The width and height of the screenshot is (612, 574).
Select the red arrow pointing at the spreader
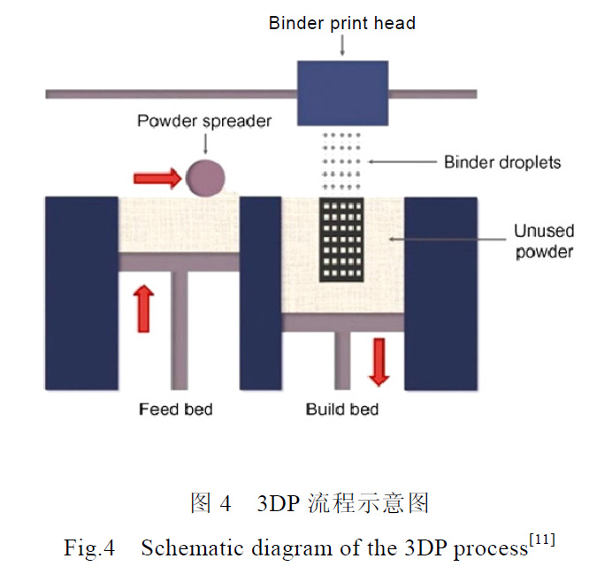(x=157, y=179)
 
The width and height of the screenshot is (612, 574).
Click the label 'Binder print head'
(x=341, y=23)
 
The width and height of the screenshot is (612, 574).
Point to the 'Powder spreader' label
(x=203, y=120)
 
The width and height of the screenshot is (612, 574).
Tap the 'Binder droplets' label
(x=501, y=162)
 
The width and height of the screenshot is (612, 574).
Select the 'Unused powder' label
(x=544, y=241)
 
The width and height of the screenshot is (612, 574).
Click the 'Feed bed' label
(x=175, y=409)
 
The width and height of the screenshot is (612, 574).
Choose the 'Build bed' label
(x=342, y=409)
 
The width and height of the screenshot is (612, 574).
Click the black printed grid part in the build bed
(x=341, y=240)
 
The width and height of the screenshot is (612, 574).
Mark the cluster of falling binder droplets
(x=343, y=161)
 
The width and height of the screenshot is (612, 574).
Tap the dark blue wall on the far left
(x=81, y=293)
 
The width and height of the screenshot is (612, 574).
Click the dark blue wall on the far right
(x=440, y=293)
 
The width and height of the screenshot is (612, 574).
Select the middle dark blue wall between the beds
(x=260, y=293)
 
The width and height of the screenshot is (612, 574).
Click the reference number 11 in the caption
(x=542, y=540)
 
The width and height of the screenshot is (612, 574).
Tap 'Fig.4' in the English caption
(x=89, y=548)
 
